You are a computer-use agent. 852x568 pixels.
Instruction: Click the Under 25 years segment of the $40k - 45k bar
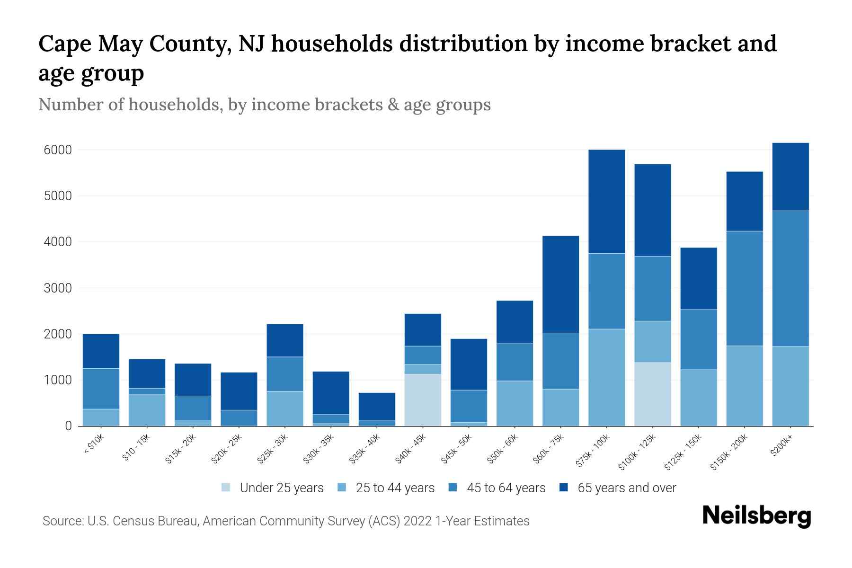[x=423, y=400]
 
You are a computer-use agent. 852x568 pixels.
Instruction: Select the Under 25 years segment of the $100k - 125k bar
[x=653, y=394]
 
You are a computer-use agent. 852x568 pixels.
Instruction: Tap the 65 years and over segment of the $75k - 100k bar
[x=606, y=202]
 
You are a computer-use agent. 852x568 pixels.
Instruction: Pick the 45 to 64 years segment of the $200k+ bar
[x=790, y=278]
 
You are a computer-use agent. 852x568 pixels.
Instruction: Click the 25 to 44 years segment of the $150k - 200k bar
[x=745, y=386]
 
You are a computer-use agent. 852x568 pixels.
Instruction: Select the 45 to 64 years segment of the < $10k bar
[x=101, y=388]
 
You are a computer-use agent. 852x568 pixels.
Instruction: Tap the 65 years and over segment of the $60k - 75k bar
[x=560, y=284]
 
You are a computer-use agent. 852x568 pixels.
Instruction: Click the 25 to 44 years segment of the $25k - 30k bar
[x=285, y=408]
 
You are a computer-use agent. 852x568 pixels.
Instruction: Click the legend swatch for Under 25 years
[x=226, y=488]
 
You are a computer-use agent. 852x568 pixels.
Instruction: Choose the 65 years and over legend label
[x=627, y=488]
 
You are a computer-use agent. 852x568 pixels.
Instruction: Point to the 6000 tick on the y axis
[x=58, y=150]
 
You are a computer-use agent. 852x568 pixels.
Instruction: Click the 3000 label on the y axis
[x=58, y=288]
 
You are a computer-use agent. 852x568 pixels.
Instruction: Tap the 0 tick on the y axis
[x=68, y=426]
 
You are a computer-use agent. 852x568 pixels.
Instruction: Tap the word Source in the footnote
[x=62, y=521]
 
